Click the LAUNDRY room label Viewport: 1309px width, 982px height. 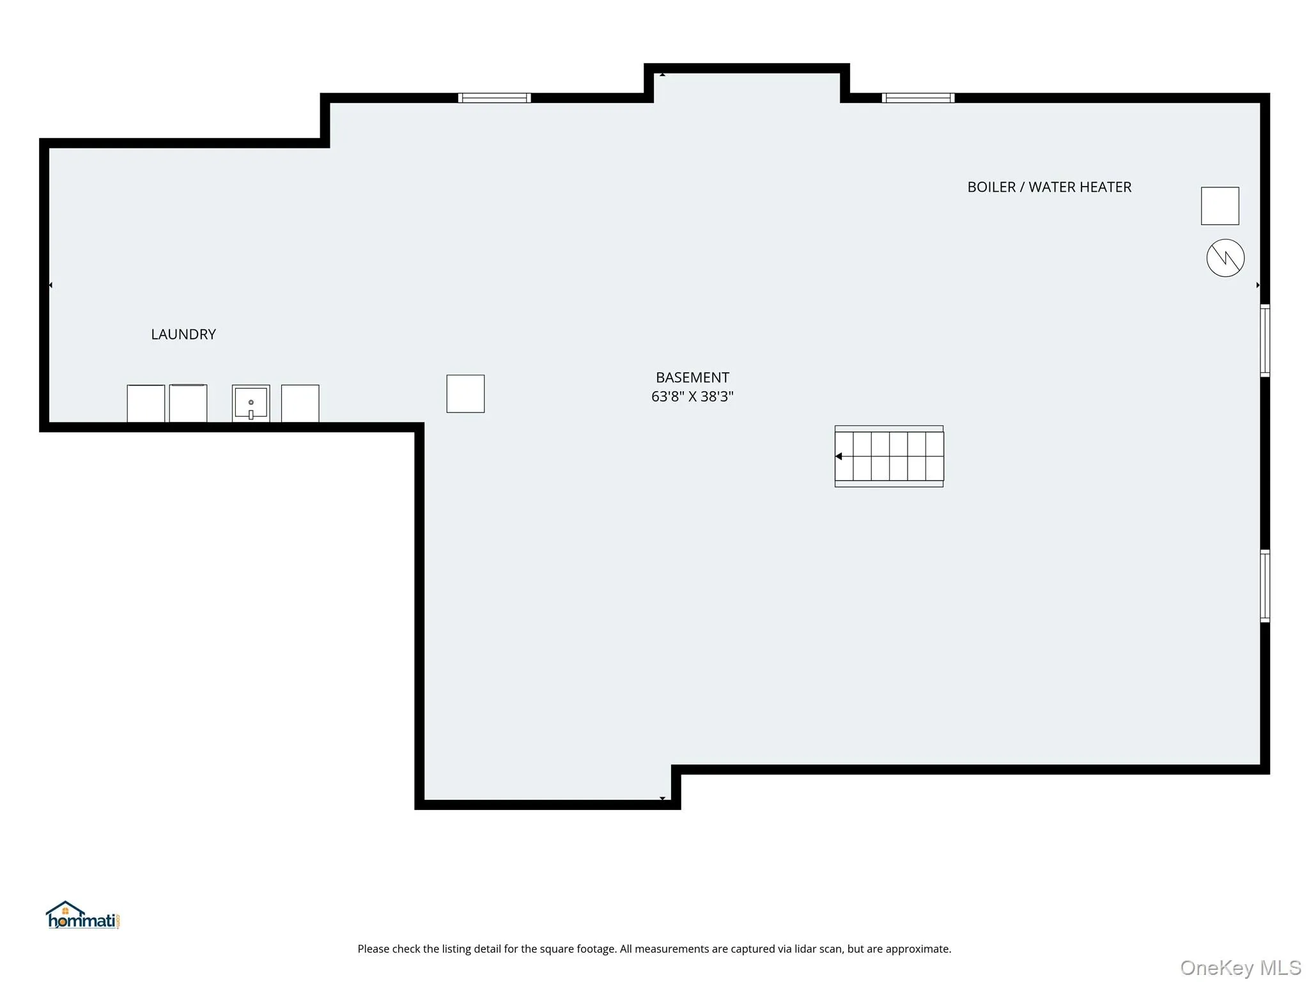tap(183, 334)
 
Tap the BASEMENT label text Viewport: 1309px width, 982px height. tap(692, 377)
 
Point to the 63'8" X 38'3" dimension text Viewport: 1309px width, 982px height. tap(692, 396)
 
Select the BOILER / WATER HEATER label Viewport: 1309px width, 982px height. tap(1049, 187)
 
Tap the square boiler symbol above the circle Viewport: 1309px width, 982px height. tap(1220, 206)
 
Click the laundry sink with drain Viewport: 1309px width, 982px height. tap(251, 403)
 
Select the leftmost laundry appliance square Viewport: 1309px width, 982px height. tap(146, 403)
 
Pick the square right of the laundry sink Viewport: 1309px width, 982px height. tap(300, 403)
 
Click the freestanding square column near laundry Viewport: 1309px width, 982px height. tap(465, 394)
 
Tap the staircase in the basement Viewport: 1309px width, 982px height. tap(889, 456)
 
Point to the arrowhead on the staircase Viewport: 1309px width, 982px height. tap(839, 456)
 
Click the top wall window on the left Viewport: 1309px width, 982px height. tap(494, 98)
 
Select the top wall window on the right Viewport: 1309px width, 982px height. tap(918, 98)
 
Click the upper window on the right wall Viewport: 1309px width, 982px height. tap(1265, 341)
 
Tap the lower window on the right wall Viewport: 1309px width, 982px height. tap(1265, 586)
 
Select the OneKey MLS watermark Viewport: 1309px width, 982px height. tap(1241, 968)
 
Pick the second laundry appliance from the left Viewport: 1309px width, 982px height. tap(188, 403)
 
